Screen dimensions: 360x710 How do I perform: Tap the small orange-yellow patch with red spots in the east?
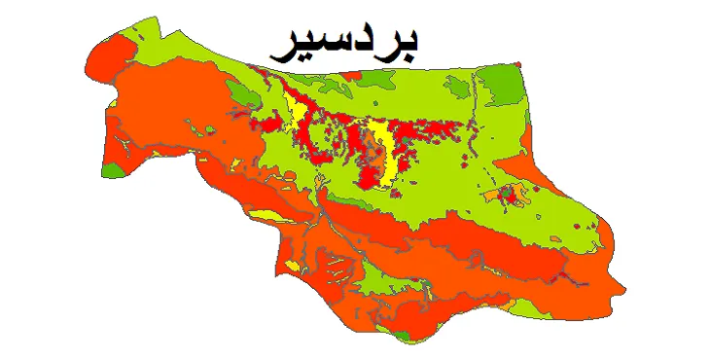(507, 196)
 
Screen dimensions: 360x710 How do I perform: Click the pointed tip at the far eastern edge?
(622, 288)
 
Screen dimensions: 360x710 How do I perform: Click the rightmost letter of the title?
(408, 44)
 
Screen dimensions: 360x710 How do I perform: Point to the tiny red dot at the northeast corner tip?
(518, 63)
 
